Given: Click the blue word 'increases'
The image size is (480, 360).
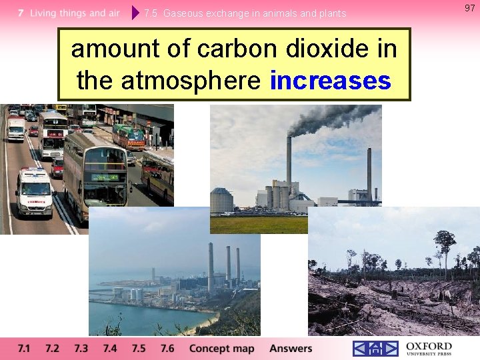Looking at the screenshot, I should (x=330, y=81).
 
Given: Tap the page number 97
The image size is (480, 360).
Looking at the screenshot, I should (x=469, y=7).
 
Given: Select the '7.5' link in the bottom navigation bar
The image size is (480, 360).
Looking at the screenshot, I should (x=139, y=348).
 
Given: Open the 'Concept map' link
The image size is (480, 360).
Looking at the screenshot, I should (x=222, y=348).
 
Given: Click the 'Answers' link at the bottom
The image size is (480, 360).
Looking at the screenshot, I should (x=291, y=348).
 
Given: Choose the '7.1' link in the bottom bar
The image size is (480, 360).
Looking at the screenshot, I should (x=24, y=348).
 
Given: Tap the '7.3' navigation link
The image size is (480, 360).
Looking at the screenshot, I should (x=81, y=348).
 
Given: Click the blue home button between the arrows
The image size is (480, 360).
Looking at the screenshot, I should (x=375, y=349).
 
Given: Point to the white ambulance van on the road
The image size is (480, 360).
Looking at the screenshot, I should (x=34, y=193).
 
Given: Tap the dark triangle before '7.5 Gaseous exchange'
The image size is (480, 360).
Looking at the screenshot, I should (x=136, y=13).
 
